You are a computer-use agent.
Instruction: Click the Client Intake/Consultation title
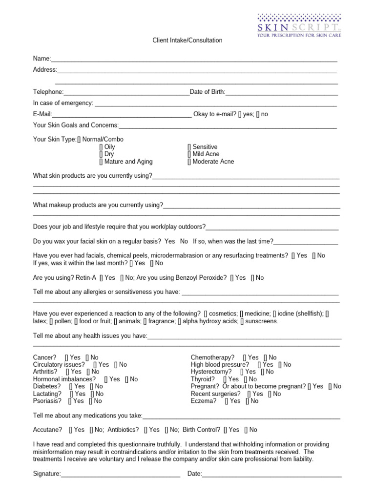click(187, 41)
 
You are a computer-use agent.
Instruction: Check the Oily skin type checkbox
click(101, 147)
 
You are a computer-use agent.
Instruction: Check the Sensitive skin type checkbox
click(189, 147)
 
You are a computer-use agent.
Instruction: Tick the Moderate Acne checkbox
click(189, 162)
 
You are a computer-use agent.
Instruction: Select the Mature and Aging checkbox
click(101, 162)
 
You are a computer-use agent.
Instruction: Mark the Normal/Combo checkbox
click(79, 140)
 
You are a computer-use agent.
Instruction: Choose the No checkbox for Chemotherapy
click(265, 357)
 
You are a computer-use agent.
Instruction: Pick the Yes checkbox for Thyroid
click(225, 379)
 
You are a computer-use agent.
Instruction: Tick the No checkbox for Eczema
click(248, 401)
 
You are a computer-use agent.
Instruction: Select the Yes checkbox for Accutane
click(71, 430)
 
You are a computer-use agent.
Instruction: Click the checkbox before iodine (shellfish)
click(274, 313)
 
